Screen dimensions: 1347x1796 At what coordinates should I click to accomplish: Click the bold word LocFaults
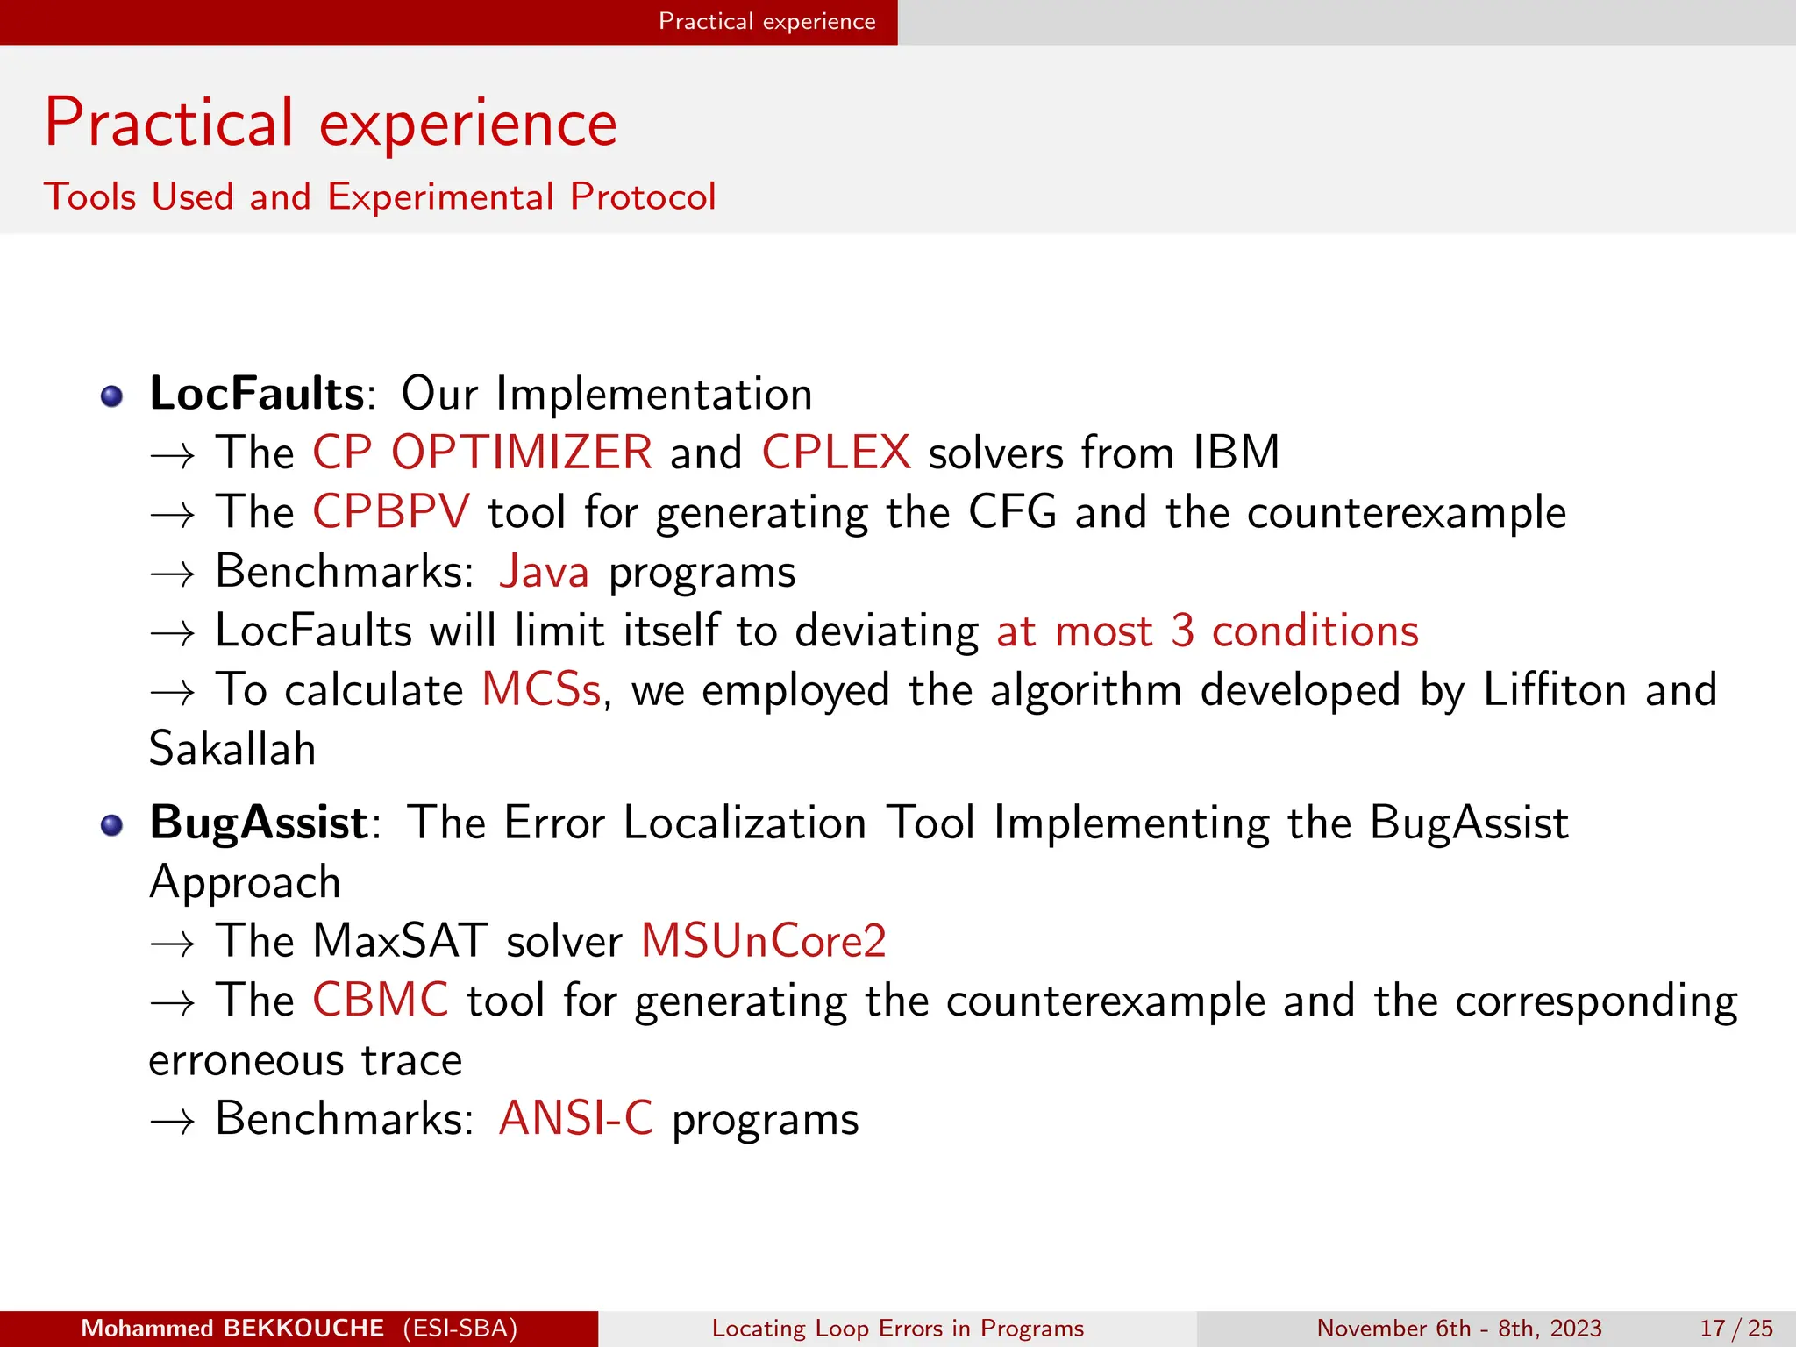pyautogui.click(x=256, y=394)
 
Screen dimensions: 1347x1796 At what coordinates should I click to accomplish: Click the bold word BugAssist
pyautogui.click(x=259, y=823)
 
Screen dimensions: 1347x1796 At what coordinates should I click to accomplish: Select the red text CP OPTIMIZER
pyautogui.click(x=482, y=453)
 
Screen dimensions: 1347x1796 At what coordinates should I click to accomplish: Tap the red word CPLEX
pyautogui.click(x=836, y=453)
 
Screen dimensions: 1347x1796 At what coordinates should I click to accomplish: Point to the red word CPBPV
pyautogui.click(x=391, y=511)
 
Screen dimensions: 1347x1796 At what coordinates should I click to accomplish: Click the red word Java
pyautogui.click(x=544, y=572)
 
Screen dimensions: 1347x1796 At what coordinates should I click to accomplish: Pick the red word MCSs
pyautogui.click(x=541, y=689)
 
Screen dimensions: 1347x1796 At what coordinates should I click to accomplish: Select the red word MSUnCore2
pyautogui.click(x=763, y=941)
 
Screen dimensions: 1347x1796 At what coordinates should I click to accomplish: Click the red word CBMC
pyautogui.click(x=381, y=1000)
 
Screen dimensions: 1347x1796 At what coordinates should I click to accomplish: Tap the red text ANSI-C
pyautogui.click(x=575, y=1119)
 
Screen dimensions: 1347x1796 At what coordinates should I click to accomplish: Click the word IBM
pyautogui.click(x=1236, y=453)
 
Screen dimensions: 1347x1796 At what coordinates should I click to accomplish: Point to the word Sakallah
pyautogui.click(x=232, y=749)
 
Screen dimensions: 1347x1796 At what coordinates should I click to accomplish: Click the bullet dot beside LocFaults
pyautogui.click(x=111, y=397)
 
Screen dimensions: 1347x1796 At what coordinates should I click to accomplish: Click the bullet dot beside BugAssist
pyautogui.click(x=111, y=826)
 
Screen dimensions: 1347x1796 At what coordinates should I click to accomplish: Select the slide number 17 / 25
pyautogui.click(x=1735, y=1329)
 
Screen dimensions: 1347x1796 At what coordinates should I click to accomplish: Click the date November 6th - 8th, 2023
pyautogui.click(x=1458, y=1329)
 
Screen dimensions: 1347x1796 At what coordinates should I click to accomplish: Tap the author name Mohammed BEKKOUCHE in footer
pyautogui.click(x=232, y=1329)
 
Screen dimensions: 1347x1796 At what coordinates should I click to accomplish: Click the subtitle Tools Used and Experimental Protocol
pyautogui.click(x=380, y=196)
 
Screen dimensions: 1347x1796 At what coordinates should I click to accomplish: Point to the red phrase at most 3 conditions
pyautogui.click(x=1207, y=631)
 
